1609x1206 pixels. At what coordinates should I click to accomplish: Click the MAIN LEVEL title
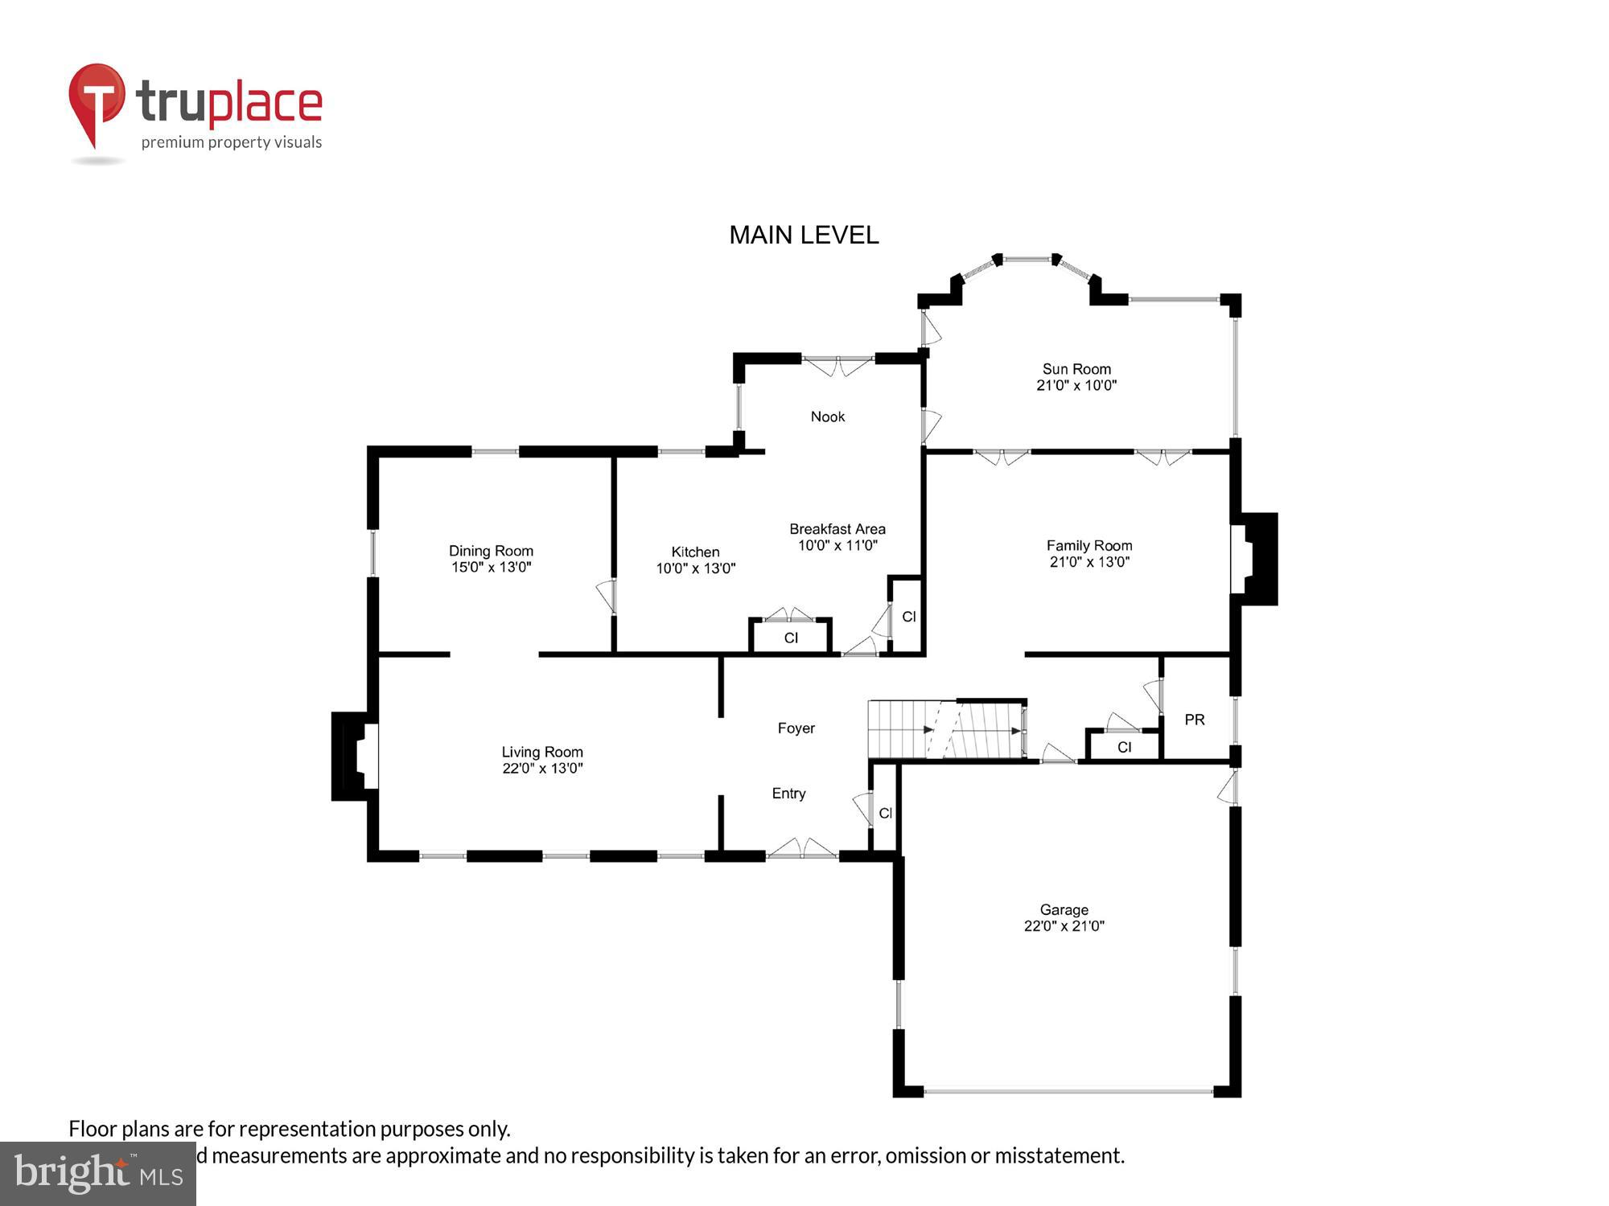[x=803, y=235]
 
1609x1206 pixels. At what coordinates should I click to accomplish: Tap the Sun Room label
[x=1076, y=369]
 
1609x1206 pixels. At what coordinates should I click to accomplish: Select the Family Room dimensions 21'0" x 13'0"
[x=1089, y=562]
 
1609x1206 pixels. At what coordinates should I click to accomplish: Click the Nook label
[x=827, y=416]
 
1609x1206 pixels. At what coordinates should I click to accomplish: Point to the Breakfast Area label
[x=837, y=529]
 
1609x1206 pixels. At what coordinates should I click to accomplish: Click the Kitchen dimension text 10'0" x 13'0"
[x=695, y=568]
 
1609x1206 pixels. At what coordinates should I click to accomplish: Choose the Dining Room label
[x=491, y=551]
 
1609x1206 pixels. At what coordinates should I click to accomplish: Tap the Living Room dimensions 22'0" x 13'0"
[x=542, y=768]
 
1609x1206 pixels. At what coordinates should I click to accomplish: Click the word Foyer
[x=796, y=728]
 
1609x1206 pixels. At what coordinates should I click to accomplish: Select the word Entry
[x=788, y=794]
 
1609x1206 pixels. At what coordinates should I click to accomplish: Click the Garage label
[x=1064, y=909]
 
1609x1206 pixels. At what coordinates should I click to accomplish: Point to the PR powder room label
[x=1194, y=720]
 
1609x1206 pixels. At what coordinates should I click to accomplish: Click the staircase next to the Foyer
[x=946, y=729]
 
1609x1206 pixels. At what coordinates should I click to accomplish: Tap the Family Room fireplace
[x=1253, y=559]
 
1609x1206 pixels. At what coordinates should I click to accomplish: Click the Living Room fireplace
[x=355, y=756]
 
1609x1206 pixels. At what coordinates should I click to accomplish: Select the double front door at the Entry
[x=801, y=850]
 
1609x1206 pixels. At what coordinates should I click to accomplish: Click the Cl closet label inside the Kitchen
[x=791, y=638]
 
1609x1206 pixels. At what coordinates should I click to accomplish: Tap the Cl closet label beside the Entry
[x=885, y=813]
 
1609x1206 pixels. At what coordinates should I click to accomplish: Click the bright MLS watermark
[x=98, y=1174]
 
